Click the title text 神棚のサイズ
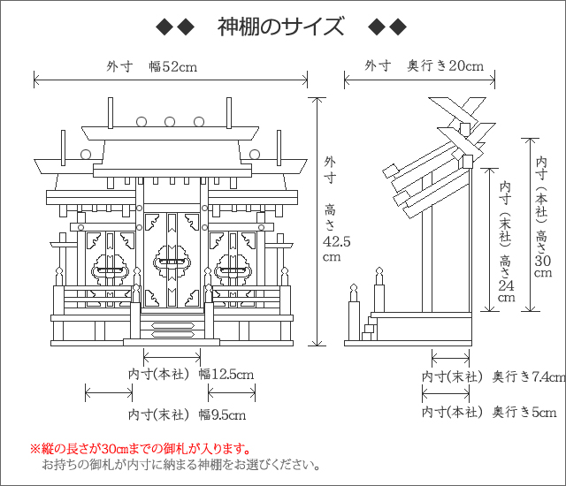(x=280, y=27)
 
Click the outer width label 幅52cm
(x=173, y=66)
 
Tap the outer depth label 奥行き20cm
(x=446, y=65)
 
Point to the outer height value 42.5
(x=336, y=241)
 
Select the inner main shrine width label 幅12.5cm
(x=226, y=375)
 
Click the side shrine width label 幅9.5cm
(x=222, y=414)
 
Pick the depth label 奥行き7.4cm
(x=529, y=376)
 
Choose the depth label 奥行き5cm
(x=524, y=412)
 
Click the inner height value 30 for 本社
(x=542, y=261)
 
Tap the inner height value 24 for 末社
(x=506, y=285)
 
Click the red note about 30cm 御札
(x=141, y=449)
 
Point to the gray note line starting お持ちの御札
(x=180, y=465)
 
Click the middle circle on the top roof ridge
(x=170, y=122)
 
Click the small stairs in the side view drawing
(x=370, y=328)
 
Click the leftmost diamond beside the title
(x=164, y=27)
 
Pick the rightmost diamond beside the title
(x=399, y=27)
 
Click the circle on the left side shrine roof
(x=86, y=155)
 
